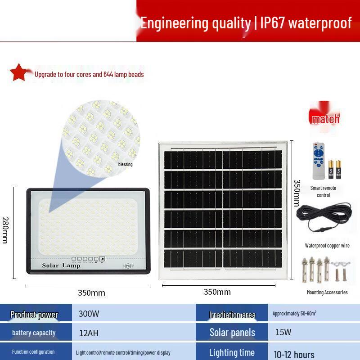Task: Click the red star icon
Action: coord(18,72)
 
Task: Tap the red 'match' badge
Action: coord(325,119)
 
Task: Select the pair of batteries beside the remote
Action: coord(334,170)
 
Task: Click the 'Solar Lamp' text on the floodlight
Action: coord(61,265)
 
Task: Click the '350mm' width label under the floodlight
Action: coord(91,293)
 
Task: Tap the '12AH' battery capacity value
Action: coord(89,333)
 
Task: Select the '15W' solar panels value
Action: coord(283,333)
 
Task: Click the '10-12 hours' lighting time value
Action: coord(294,354)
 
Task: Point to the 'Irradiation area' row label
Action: coord(232,315)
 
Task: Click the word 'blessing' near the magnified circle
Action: coord(126,164)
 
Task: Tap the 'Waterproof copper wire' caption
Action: coord(327,246)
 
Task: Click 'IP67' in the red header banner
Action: coord(273,22)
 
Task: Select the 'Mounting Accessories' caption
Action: coord(327,292)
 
